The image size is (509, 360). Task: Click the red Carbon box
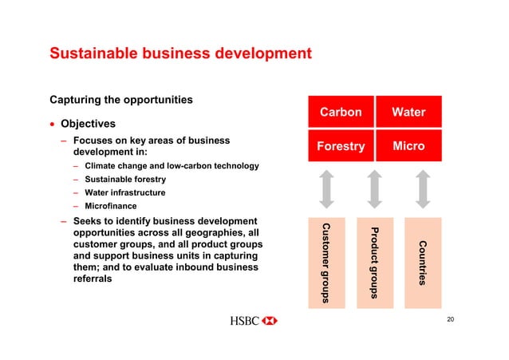(341, 113)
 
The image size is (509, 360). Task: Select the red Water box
(408, 113)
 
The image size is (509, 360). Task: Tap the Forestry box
(341, 147)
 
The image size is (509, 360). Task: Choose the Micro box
(408, 147)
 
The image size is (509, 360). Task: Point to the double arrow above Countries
(422, 189)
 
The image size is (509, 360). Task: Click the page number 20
(451, 319)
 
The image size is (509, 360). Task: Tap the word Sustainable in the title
(96, 54)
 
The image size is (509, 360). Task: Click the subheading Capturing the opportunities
(121, 101)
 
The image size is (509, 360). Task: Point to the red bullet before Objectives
(53, 125)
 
